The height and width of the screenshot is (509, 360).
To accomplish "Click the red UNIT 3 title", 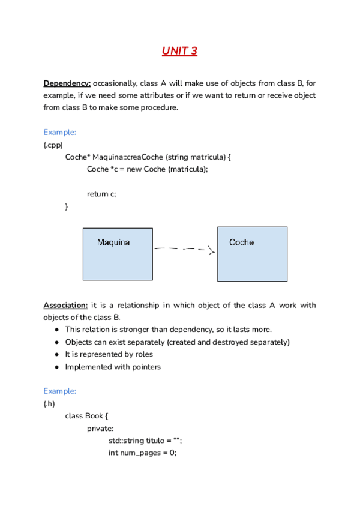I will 179,51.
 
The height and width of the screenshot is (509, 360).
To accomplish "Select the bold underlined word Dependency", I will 67,83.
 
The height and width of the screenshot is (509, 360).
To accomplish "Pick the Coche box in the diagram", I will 252,254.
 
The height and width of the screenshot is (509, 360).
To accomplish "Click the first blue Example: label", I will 59,132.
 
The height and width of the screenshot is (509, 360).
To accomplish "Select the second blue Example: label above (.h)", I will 59,391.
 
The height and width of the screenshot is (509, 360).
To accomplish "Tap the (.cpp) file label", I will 53,145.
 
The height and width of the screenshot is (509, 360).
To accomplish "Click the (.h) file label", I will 50,403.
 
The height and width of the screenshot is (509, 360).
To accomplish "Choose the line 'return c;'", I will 101,194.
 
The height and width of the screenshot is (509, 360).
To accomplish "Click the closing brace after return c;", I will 67,206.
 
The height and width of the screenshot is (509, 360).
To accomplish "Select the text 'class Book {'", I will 86,416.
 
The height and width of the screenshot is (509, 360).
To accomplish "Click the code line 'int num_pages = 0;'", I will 142,453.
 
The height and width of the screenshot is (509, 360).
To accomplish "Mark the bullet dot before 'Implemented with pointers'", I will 56,367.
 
